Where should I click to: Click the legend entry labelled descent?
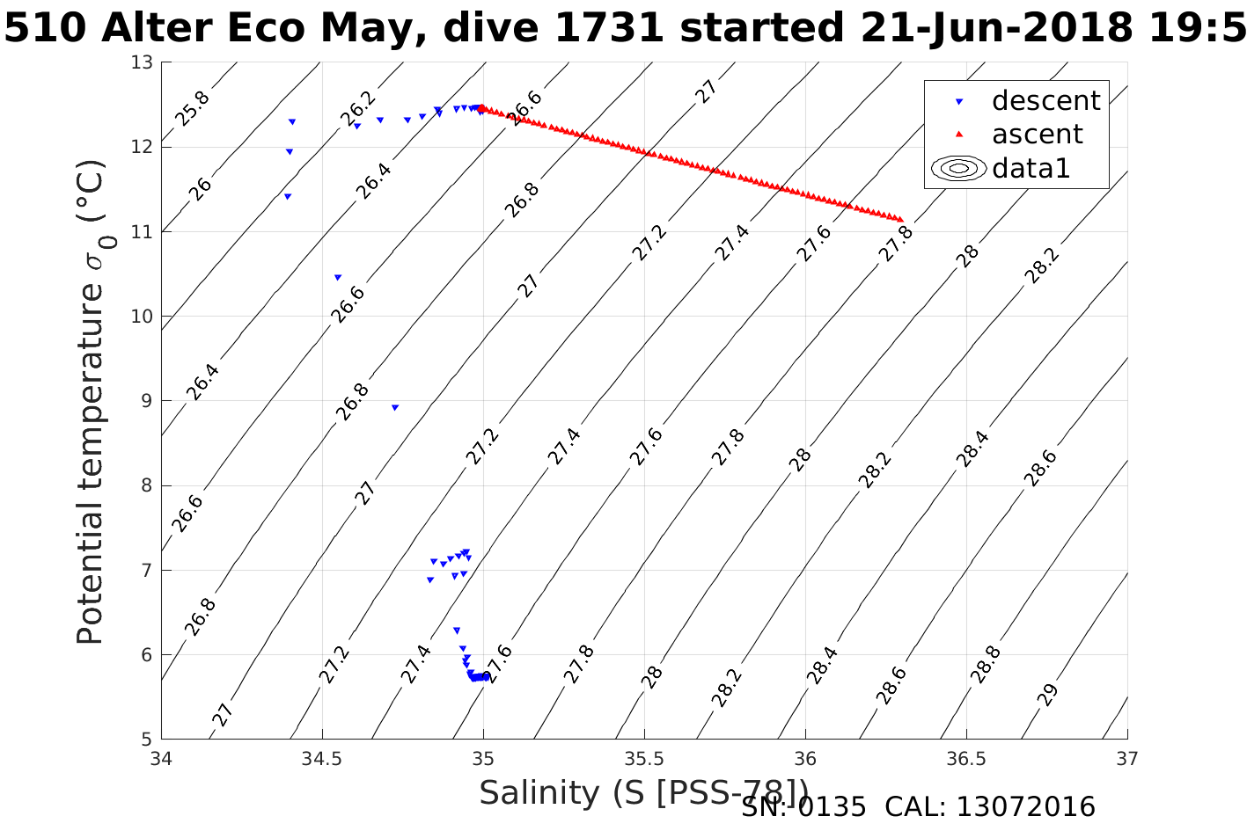coord(1045,101)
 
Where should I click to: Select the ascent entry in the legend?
coord(1037,135)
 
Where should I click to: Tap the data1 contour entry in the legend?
coord(1031,168)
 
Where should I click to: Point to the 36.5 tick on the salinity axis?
coord(966,759)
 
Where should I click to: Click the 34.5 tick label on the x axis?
coord(322,759)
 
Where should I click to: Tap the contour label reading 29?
coord(1047,695)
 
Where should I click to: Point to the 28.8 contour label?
coord(986,665)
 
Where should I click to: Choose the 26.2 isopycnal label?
coord(357,109)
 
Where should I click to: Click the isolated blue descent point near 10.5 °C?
coord(338,277)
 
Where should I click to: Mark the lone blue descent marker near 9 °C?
coord(395,407)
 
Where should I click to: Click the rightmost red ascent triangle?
coord(900,219)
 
